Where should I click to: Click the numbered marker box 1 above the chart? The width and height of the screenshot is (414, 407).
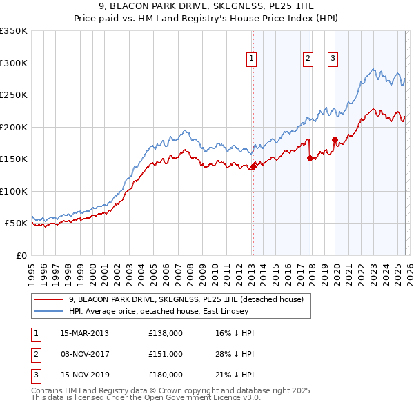click(252, 59)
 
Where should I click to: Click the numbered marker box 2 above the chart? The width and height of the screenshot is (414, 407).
click(308, 59)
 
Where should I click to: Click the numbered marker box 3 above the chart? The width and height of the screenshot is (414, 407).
click(333, 59)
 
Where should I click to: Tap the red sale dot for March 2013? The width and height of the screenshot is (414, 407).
click(253, 166)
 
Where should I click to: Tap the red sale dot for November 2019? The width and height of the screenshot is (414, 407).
click(335, 139)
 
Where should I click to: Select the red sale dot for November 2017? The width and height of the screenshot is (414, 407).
click(310, 158)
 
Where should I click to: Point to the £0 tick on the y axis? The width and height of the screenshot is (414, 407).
click(21, 255)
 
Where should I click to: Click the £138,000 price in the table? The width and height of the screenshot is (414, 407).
click(166, 333)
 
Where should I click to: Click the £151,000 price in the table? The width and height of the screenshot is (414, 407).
click(166, 354)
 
